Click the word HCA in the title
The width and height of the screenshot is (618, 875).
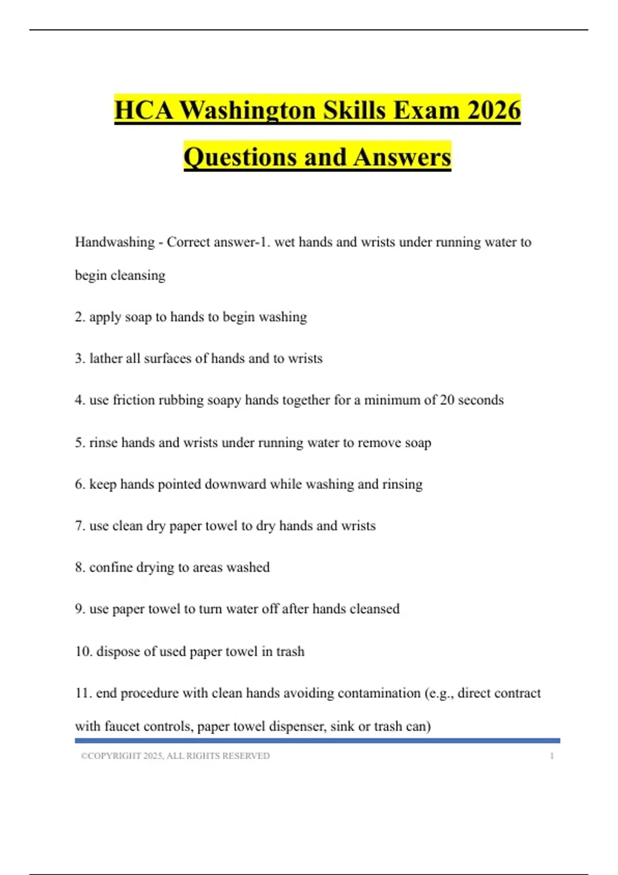click(144, 110)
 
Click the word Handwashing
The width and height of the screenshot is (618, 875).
click(115, 242)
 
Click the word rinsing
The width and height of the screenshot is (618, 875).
click(402, 484)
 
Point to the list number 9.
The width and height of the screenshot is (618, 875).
click(80, 609)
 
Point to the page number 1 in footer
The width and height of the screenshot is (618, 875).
click(552, 756)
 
